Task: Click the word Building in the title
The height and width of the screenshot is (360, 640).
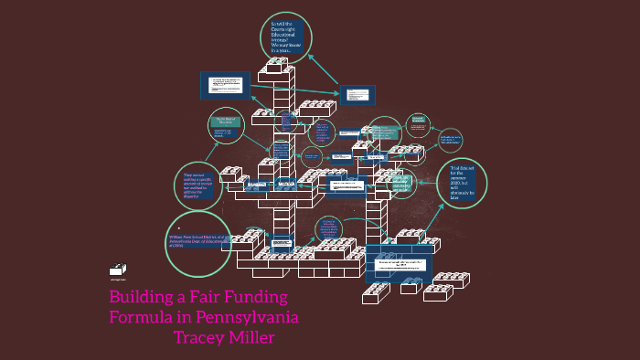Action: (142, 298)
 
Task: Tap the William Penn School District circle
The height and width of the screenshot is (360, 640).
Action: (197, 242)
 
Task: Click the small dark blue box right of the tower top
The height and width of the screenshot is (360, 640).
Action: (357, 96)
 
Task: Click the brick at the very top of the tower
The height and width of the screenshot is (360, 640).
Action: (275, 69)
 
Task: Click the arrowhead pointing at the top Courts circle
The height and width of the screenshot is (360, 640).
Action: (309, 55)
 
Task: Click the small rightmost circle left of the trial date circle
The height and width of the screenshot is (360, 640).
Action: (448, 141)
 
